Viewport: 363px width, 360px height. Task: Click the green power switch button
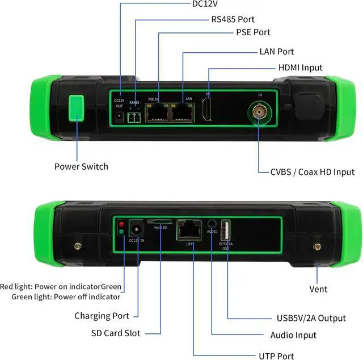pos(75,108)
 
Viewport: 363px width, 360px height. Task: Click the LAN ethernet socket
pos(183,114)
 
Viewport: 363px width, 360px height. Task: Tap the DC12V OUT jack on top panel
pos(119,116)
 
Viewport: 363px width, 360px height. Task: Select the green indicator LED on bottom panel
pos(121,232)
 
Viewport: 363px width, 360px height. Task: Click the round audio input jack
pos(212,225)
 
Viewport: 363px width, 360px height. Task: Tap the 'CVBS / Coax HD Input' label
pos(313,171)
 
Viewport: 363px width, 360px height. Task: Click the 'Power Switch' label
pos(81,166)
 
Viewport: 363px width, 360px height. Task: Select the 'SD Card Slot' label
pos(115,333)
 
